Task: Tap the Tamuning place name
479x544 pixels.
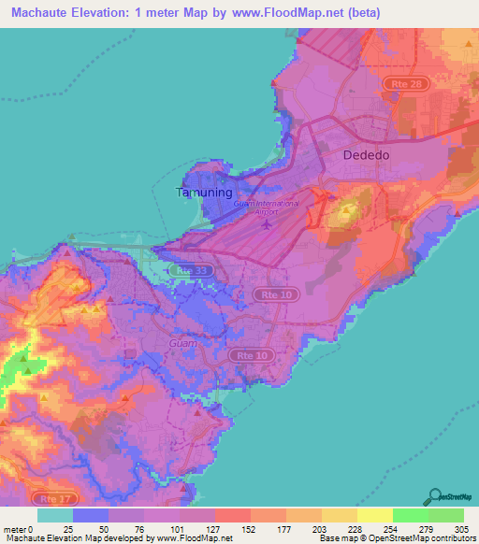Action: pos(203,193)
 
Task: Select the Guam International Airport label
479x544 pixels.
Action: pos(267,208)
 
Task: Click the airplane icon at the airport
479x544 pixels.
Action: pos(269,224)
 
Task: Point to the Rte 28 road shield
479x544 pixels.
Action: pos(400,84)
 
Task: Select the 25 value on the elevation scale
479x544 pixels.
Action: pos(73,527)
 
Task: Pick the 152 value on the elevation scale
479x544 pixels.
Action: pos(232,527)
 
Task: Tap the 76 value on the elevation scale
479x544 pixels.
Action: pos(126,527)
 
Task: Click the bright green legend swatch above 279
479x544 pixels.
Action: pos(410,515)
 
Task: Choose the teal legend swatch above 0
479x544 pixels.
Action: pos(55,515)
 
